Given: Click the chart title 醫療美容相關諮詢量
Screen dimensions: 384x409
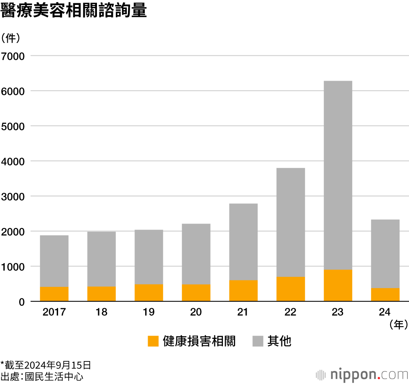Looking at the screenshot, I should click(74, 11).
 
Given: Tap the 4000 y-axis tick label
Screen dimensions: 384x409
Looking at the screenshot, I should click(13, 161).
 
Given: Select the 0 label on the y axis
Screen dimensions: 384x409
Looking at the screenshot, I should click(22, 302).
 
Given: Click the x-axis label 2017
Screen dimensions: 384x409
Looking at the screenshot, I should click(54, 312).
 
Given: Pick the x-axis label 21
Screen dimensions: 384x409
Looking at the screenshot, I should click(243, 312).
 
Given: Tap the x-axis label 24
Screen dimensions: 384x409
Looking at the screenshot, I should click(385, 312).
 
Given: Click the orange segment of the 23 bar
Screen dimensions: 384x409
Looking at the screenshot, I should click(338, 285).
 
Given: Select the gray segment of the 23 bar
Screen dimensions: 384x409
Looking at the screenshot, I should click(338, 175).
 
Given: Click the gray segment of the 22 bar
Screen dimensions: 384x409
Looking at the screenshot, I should click(290, 222).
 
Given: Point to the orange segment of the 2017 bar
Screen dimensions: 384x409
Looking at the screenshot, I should click(54, 294).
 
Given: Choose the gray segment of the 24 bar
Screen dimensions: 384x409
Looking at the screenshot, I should click(385, 254).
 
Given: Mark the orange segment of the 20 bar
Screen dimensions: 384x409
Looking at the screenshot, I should click(196, 293).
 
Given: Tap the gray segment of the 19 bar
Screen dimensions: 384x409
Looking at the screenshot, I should click(149, 257).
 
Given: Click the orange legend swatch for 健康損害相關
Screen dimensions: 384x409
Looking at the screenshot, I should click(153, 341).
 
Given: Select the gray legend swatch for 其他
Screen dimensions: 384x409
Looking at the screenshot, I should click(258, 341).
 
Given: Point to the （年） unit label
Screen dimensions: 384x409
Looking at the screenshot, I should click(398, 325).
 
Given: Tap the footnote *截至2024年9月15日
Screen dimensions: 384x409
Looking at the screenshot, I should click(45, 364).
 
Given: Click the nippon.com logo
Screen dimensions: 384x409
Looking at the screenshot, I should click(362, 374).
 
